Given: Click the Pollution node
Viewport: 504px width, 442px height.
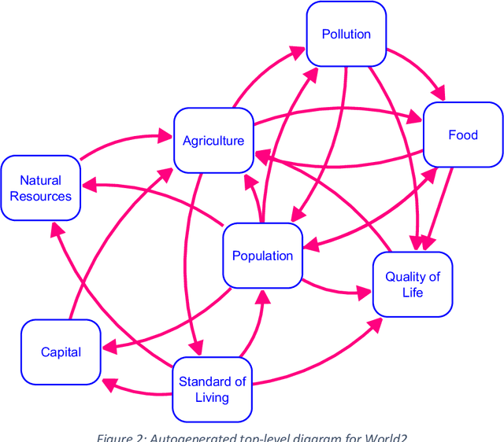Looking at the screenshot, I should pyautogui.click(x=346, y=34).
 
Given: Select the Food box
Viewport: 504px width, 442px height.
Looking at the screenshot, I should pyautogui.click(x=463, y=134).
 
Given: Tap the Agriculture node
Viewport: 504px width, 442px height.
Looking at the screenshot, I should pyautogui.click(x=213, y=141).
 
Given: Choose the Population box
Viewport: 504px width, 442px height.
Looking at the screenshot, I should pyautogui.click(x=262, y=256).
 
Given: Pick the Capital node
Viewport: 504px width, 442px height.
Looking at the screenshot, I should pyautogui.click(x=61, y=352).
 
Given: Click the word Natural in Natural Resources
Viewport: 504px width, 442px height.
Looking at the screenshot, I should pyautogui.click(x=40, y=181).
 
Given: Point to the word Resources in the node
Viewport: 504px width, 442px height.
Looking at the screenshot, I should pyautogui.click(x=40, y=197).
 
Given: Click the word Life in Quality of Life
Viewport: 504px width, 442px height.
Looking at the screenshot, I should pyautogui.click(x=412, y=293).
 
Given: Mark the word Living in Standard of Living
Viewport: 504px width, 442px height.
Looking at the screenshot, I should pyautogui.click(x=212, y=397).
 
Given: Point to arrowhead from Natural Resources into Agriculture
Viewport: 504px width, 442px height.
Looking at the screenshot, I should pyautogui.click(x=165, y=136).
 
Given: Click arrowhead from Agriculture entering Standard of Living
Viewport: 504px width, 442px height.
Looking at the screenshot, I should pyautogui.click(x=197, y=347).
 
